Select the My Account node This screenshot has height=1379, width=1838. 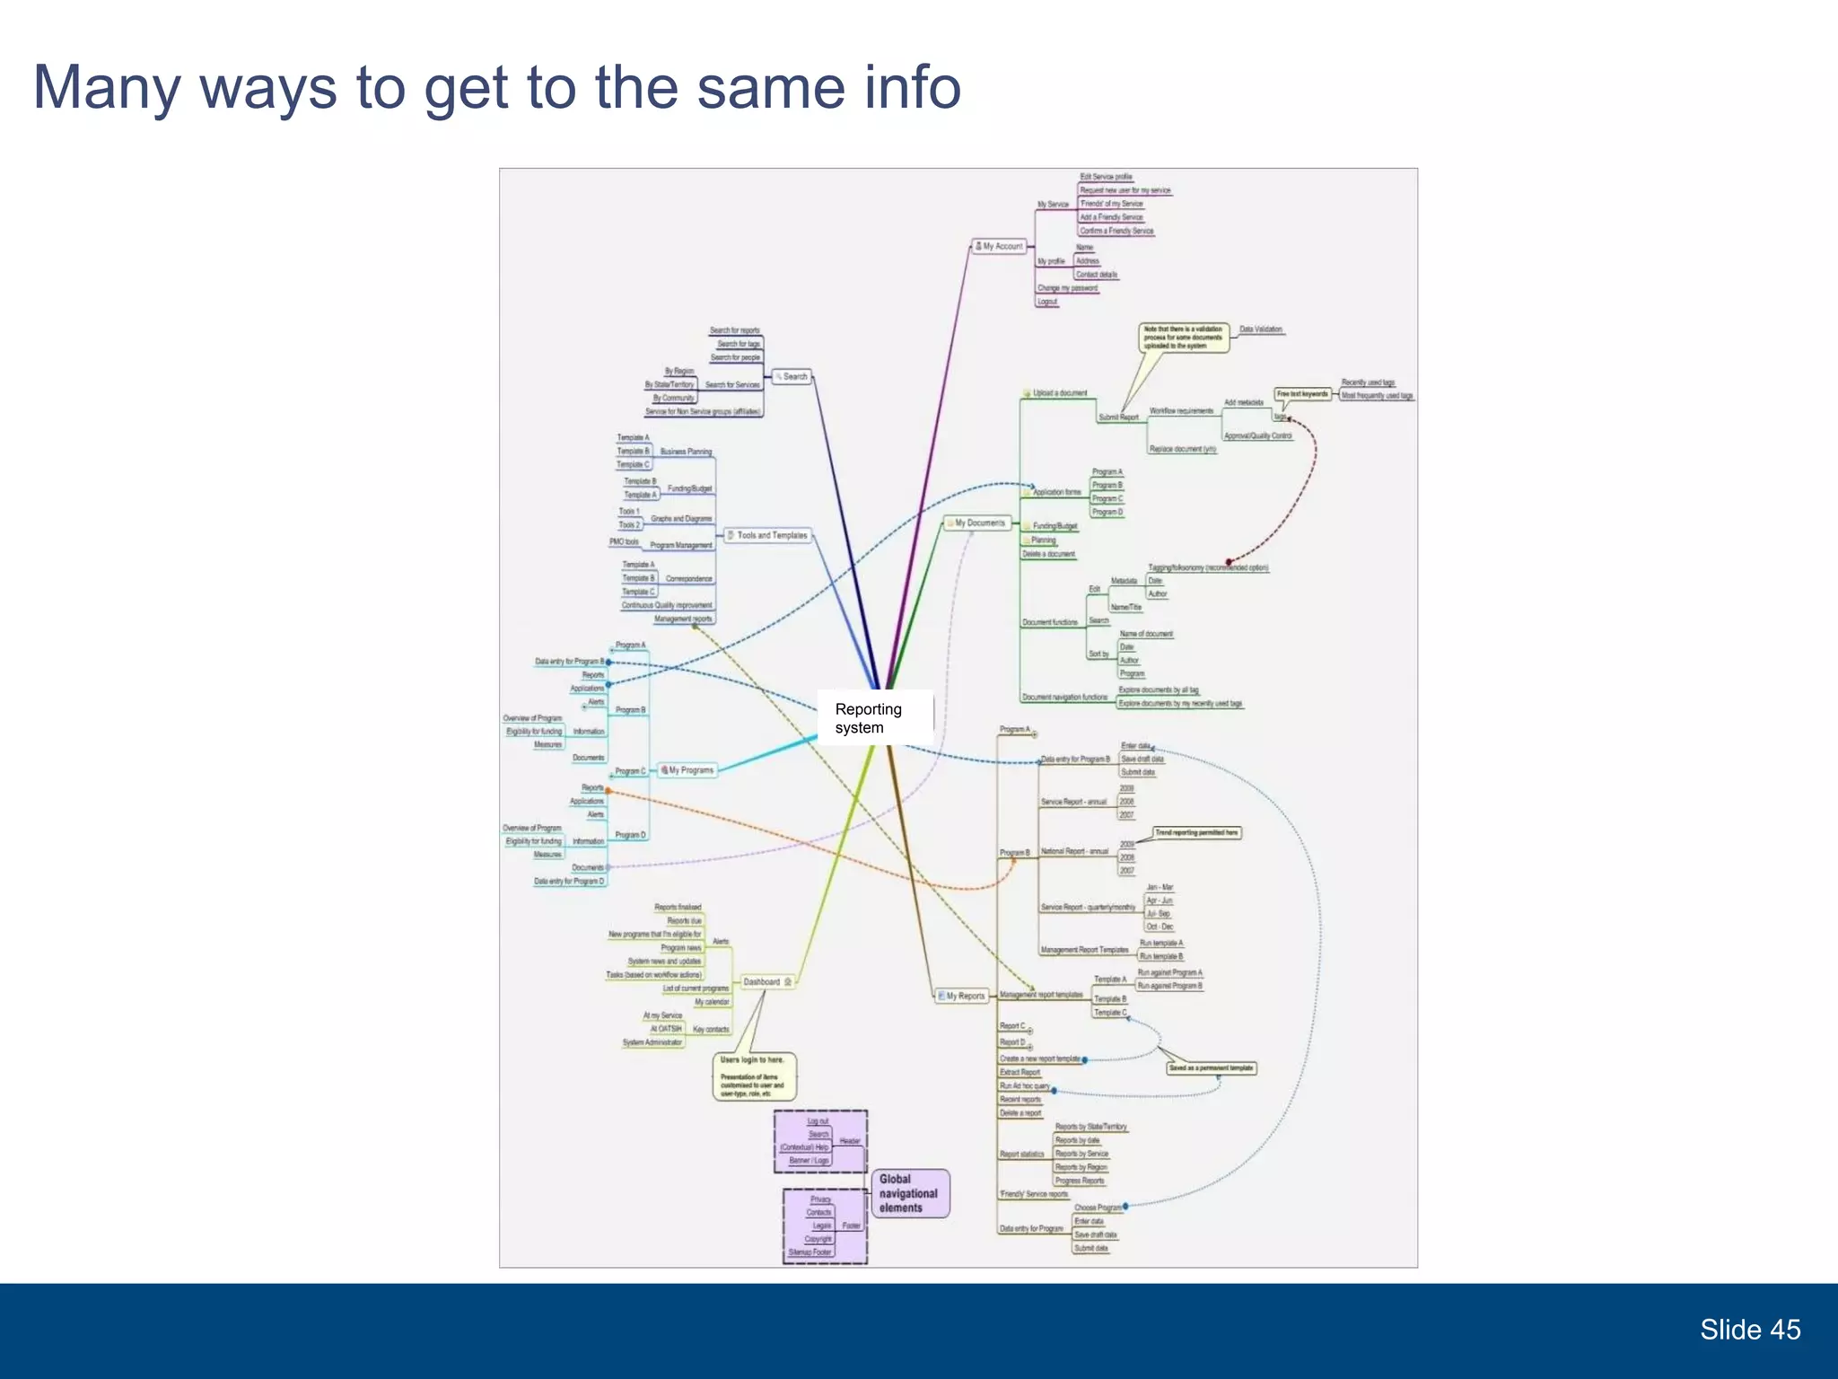click(1000, 246)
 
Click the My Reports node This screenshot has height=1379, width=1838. click(961, 996)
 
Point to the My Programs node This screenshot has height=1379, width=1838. click(687, 770)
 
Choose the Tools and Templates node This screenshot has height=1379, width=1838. click(768, 535)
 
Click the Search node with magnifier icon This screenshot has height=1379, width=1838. click(792, 377)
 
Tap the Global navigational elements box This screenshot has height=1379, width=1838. click(909, 1193)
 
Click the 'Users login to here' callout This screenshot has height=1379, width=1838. click(754, 1076)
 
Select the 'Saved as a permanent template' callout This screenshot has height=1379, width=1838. click(1211, 1068)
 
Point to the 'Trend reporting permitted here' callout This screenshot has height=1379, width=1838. click(1196, 833)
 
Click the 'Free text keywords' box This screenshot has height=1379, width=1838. click(1302, 394)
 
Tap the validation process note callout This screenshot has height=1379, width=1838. click(1184, 338)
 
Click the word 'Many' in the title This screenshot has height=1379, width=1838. click(107, 87)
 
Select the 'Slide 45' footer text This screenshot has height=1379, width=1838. click(1749, 1330)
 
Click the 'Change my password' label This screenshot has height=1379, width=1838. click(1067, 288)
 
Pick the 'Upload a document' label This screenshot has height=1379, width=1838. click(1059, 393)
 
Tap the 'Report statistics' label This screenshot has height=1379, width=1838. click(1021, 1155)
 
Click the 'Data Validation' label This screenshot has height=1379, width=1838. click(1261, 329)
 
